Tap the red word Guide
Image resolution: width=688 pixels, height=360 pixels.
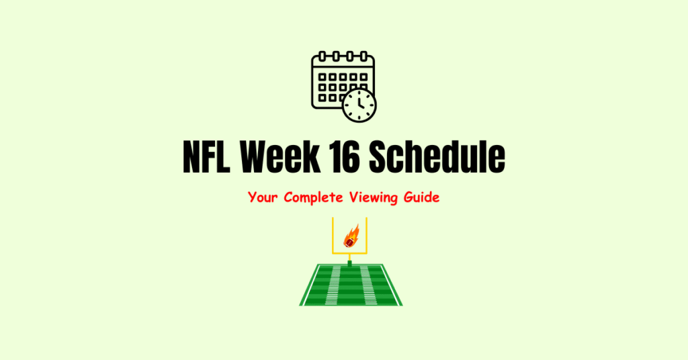[423, 198]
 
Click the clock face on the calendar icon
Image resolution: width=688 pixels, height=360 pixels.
[359, 105]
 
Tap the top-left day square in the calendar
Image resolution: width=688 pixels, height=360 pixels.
[322, 77]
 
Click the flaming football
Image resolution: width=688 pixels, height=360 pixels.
[351, 237]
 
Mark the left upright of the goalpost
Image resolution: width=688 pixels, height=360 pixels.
[334, 235]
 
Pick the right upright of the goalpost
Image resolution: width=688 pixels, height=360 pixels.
[366, 235]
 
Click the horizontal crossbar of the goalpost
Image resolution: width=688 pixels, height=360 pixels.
[350, 253]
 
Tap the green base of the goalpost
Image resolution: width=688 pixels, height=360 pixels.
[350, 262]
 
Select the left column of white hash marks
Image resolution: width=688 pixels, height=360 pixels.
[334, 285]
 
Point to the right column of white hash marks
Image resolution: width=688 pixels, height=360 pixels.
[368, 285]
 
